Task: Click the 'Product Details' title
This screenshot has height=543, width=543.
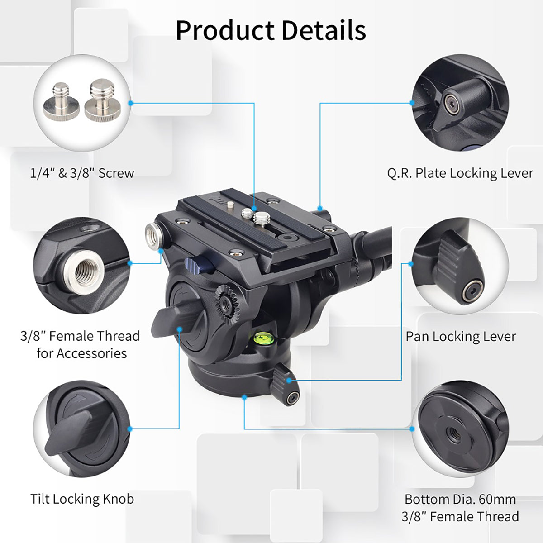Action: (x=271, y=30)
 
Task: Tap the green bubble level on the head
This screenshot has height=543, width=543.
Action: (x=261, y=337)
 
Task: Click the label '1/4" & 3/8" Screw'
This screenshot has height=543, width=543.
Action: (x=82, y=173)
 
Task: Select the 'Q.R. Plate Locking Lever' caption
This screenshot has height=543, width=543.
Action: (x=460, y=173)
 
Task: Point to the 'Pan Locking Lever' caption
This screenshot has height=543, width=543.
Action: (x=461, y=336)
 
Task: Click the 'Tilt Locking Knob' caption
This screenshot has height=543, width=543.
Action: (x=82, y=499)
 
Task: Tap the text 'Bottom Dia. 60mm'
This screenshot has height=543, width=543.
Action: (x=460, y=499)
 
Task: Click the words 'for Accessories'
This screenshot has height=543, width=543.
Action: (x=82, y=353)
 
